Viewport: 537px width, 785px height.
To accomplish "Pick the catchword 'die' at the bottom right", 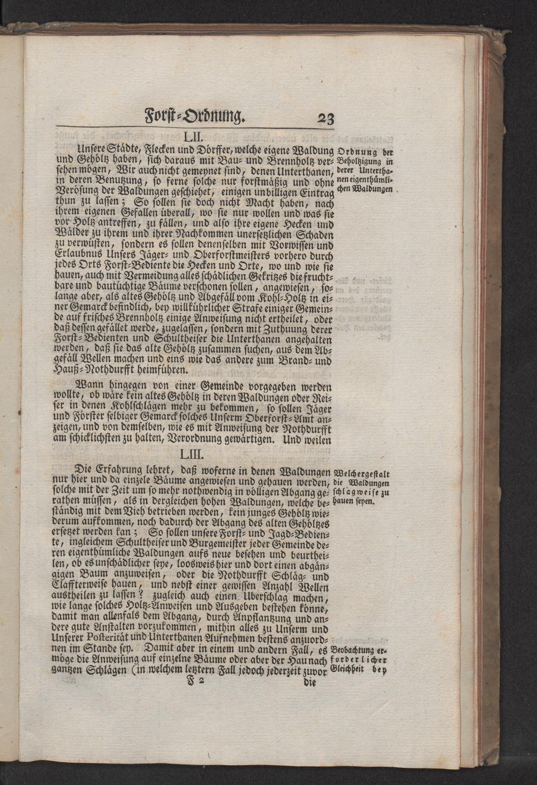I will coord(310,683).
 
